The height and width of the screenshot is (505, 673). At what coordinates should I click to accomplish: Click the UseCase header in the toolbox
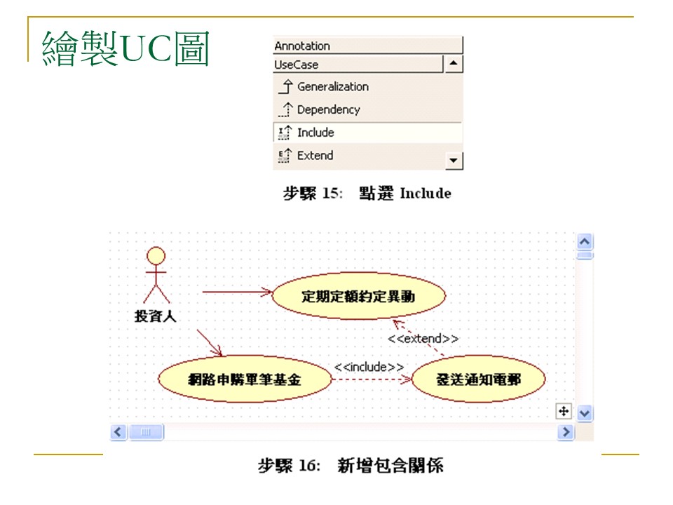[x=358, y=65]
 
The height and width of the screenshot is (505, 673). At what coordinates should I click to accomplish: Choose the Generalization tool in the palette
[x=332, y=87]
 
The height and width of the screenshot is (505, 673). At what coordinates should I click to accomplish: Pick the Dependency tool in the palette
[x=327, y=109]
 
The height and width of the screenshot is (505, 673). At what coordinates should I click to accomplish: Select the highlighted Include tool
[x=315, y=133]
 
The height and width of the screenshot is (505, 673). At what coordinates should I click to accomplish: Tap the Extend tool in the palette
[x=314, y=156]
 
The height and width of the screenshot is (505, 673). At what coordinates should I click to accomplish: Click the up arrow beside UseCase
[x=454, y=65]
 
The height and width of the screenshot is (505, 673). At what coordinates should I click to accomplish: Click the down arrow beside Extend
[x=454, y=161]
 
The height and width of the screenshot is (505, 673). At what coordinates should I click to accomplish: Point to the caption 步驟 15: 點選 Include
[x=367, y=194]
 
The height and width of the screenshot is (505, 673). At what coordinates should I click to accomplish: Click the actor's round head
[x=156, y=255]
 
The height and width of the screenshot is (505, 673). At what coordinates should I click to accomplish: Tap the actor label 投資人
[x=156, y=316]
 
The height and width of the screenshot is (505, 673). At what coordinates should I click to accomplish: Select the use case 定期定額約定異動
[x=358, y=297]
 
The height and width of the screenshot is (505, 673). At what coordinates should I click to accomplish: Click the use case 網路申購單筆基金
[x=245, y=379]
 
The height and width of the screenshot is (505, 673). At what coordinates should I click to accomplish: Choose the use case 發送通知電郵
[x=479, y=379]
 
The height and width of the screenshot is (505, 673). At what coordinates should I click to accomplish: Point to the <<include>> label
[x=369, y=367]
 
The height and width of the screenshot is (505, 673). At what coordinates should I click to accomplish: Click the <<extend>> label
[x=423, y=339]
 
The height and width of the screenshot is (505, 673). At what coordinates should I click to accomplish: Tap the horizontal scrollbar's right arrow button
[x=566, y=432]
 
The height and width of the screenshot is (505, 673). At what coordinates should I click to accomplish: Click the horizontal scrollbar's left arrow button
[x=118, y=432]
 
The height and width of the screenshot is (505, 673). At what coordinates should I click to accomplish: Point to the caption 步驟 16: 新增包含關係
[x=351, y=466]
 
